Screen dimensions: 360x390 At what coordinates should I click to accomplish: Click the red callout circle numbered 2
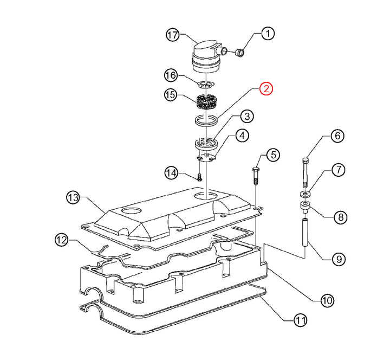click(x=266, y=88)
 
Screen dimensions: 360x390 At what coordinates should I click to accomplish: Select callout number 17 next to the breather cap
click(x=172, y=35)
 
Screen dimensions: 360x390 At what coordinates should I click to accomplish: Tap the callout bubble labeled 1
click(x=266, y=34)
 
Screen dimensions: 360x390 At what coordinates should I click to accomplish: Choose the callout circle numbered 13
click(x=73, y=197)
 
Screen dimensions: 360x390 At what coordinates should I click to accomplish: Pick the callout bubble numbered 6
click(x=337, y=136)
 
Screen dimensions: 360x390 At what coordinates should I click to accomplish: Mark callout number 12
click(x=62, y=239)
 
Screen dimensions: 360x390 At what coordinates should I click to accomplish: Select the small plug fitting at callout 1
click(x=239, y=52)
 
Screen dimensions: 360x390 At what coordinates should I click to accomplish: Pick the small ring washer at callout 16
click(x=205, y=83)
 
